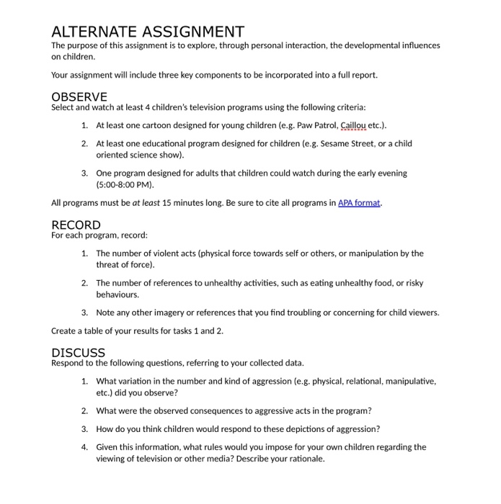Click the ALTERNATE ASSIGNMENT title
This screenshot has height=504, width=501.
148,32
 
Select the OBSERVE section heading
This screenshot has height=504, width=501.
79,96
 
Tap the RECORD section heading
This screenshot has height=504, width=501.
76,225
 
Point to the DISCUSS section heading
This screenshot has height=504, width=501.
78,353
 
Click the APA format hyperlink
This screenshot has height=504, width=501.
359,203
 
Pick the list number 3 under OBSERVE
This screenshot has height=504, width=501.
84,174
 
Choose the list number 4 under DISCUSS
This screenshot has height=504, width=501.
84,447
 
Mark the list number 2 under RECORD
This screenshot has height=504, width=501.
84,283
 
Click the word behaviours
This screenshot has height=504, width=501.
118,294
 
